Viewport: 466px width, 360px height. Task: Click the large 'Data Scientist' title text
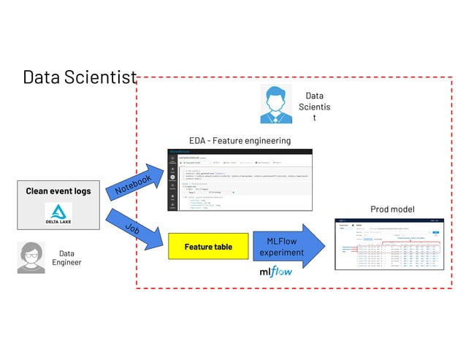pyautogui.click(x=80, y=77)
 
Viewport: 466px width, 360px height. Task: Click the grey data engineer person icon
pyautogui.click(x=31, y=258)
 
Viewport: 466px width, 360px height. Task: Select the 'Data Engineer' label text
pyautogui.click(x=66, y=258)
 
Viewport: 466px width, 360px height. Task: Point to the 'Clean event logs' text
pyautogui.click(x=58, y=191)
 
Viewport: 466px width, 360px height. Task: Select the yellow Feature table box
pyautogui.click(x=208, y=247)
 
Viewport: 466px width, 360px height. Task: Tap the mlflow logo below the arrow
pyautogui.click(x=276, y=272)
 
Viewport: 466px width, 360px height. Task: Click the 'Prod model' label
pyautogui.click(x=392, y=210)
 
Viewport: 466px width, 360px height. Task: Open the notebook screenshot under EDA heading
pyautogui.click(x=241, y=180)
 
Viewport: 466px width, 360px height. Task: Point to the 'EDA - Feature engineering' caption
pyautogui.click(x=240, y=140)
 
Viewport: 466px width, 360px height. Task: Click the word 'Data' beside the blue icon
pyautogui.click(x=314, y=96)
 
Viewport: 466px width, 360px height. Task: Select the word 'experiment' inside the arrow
pyautogui.click(x=281, y=253)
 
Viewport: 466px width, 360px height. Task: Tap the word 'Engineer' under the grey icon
pyautogui.click(x=66, y=263)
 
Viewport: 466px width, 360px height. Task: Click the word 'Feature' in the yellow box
pyautogui.click(x=198, y=247)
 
